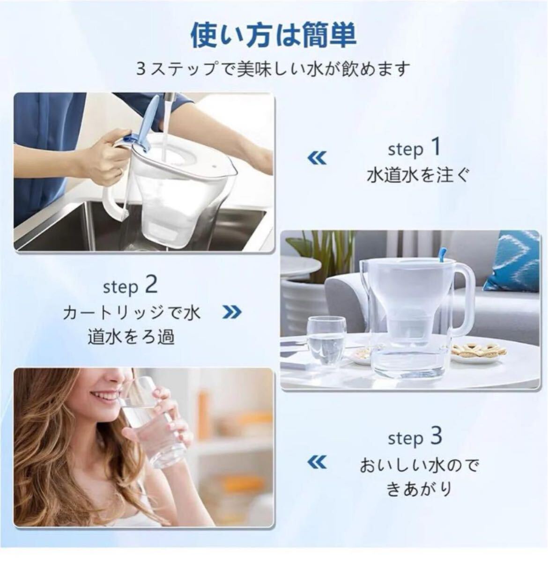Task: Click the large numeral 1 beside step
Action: (x=435, y=148)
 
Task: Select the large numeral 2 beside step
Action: (x=151, y=285)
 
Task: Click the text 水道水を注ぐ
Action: (x=417, y=176)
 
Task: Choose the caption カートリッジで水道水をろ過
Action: (x=131, y=324)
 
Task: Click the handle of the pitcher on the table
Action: (x=464, y=300)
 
